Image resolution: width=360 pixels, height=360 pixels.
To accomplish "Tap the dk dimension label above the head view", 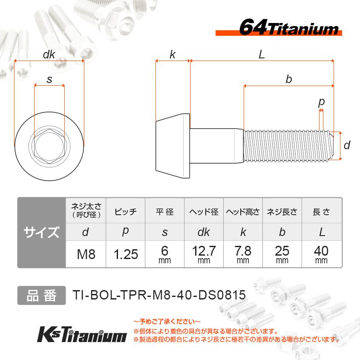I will pyautogui.click(x=49, y=55).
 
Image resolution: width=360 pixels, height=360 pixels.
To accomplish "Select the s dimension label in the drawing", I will pyautogui.click(x=49, y=79).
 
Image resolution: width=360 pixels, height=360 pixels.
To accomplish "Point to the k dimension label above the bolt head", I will pyautogui.click(x=173, y=55).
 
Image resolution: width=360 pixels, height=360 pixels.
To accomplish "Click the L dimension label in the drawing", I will pyautogui.click(x=262, y=55).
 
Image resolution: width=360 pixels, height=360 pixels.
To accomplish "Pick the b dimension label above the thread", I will pyautogui.click(x=288, y=79).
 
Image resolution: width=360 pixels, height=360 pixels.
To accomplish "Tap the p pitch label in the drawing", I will pyautogui.click(x=321, y=102).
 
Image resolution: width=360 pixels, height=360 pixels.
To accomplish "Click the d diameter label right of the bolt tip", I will pyautogui.click(x=347, y=146).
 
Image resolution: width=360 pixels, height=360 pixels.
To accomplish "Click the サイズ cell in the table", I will pyautogui.click(x=41, y=233).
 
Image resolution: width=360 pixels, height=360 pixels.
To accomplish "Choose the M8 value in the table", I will pyautogui.click(x=86, y=254).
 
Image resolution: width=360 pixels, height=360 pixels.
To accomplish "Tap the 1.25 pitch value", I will pyautogui.click(x=126, y=254).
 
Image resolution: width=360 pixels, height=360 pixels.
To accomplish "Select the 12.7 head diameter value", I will pyautogui.click(x=204, y=251).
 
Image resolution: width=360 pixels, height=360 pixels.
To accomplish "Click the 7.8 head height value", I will pyautogui.click(x=243, y=251).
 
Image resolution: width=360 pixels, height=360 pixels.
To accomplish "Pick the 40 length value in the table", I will pyautogui.click(x=322, y=251).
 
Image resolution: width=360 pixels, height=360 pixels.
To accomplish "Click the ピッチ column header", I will pyautogui.click(x=126, y=211).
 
